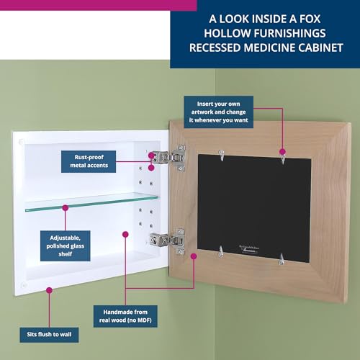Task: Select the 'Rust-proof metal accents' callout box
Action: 99,161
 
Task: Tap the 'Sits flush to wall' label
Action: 50,335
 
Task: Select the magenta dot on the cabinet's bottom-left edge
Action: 49,290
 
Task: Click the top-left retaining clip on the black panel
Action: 222,153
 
